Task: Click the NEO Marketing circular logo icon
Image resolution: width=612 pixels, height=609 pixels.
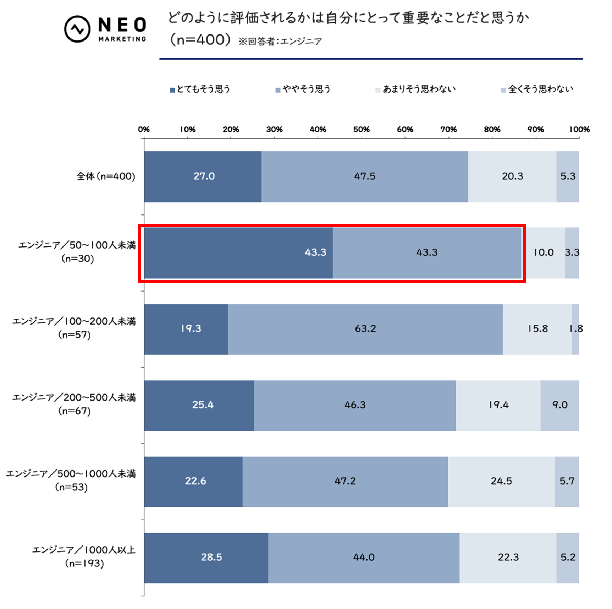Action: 77,29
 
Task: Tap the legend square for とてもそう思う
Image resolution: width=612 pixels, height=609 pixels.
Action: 172,90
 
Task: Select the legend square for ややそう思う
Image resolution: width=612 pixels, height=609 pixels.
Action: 278,90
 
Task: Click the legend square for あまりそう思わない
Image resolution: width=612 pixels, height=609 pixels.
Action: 378,90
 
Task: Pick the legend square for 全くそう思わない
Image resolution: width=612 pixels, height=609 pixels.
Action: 503,90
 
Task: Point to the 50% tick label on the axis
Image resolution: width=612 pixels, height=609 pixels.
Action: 361,130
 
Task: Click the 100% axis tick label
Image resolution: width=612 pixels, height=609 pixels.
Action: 579,130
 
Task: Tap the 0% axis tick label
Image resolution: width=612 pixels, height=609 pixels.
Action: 144,130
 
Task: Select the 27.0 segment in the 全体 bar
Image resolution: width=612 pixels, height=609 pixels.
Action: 203,176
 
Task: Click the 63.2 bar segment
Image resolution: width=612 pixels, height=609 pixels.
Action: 365,329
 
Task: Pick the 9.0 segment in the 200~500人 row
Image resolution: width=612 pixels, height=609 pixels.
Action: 559,405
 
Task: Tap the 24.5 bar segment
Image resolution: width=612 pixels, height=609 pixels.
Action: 501,481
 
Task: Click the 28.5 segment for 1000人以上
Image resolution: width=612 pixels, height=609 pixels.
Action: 206,557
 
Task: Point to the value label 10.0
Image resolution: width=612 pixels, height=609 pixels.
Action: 544,252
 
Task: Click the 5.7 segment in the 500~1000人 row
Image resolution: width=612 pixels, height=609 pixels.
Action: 567,481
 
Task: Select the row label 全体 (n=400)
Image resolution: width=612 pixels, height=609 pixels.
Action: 106,176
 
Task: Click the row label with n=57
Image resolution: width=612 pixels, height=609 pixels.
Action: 74,328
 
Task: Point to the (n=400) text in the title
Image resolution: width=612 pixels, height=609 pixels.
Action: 200,40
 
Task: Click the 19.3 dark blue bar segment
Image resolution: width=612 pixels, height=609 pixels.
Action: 186,329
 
